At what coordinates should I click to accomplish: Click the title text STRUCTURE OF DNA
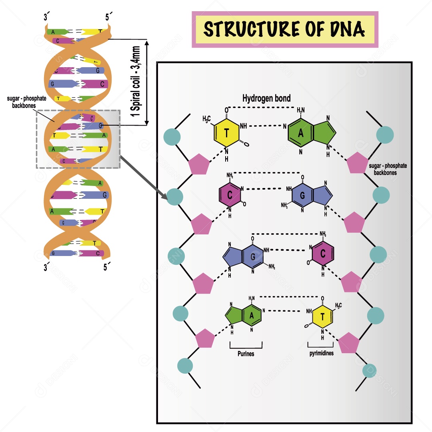[284, 30]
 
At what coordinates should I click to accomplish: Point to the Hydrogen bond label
[267, 98]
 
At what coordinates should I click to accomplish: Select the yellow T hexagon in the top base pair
[226, 134]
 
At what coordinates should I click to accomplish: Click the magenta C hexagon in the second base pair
[230, 195]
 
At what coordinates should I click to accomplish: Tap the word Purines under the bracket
[246, 354]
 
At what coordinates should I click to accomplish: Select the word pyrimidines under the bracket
[321, 353]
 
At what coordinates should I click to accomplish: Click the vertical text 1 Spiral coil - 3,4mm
[136, 82]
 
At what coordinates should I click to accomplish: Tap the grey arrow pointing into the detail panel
[144, 179]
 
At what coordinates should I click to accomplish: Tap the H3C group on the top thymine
[207, 119]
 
